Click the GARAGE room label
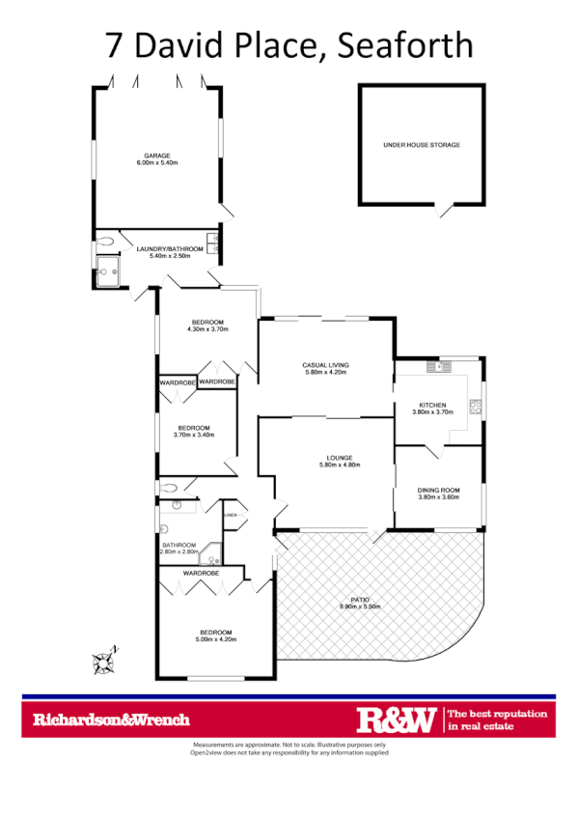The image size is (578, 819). click(157, 155)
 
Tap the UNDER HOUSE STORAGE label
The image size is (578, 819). click(421, 145)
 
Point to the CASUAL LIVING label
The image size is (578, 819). click(325, 365)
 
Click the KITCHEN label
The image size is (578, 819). click(430, 404)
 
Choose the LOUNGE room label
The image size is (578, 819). click(325, 458)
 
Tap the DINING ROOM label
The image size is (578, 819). click(438, 490)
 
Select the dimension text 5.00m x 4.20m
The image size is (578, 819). click(216, 639)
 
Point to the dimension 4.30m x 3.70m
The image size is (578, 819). click(206, 329)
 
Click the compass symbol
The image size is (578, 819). click(103, 662)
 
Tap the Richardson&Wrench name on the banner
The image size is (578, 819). click(111, 720)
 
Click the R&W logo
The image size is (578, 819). click(397, 720)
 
